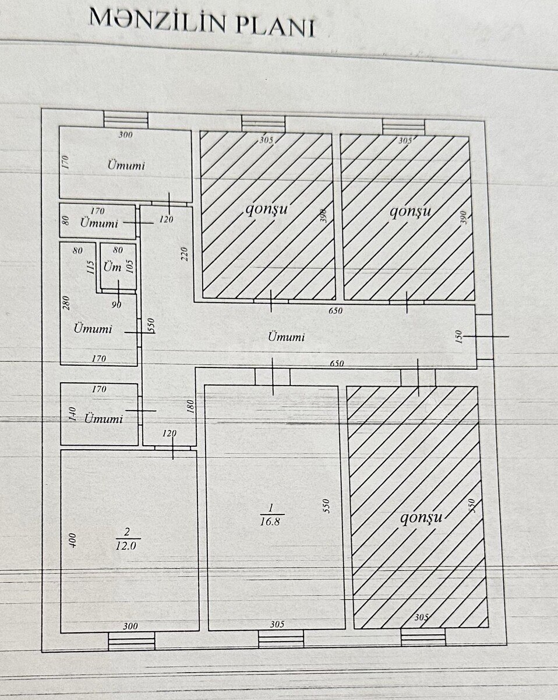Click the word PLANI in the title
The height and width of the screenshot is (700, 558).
click(275, 27)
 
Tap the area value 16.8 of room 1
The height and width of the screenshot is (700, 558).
click(270, 521)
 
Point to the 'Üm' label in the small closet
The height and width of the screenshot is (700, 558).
click(112, 267)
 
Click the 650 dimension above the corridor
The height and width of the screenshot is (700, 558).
click(335, 311)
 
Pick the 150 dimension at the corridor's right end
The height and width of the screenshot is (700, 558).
click(458, 337)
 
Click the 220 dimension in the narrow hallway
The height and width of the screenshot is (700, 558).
click(184, 254)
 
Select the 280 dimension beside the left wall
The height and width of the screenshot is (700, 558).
click(66, 303)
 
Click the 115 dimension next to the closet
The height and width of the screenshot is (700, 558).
click(91, 267)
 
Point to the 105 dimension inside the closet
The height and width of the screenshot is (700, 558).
click(130, 267)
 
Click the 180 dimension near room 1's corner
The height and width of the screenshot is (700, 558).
click(190, 407)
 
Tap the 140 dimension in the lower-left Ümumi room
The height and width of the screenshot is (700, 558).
click(73, 414)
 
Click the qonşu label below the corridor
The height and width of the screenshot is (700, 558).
click(421, 517)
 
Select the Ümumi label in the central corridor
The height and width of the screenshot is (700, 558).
click(286, 337)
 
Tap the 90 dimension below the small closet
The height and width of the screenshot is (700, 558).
click(116, 304)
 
